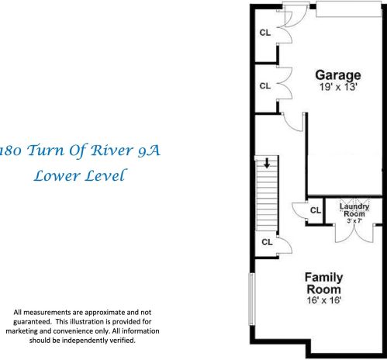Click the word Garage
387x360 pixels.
coord(337,75)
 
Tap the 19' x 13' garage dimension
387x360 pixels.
coord(337,88)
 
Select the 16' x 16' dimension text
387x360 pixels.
coord(323,299)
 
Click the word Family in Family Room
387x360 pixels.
coord(323,277)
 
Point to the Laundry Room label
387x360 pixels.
coord(354,210)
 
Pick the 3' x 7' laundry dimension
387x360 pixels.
coord(354,221)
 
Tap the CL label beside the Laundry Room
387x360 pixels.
coord(315,211)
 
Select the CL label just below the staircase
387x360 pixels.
coord(266,242)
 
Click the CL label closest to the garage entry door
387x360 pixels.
coord(265,33)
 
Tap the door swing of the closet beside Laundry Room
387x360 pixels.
coord(299,209)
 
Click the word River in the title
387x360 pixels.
coord(101,151)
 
